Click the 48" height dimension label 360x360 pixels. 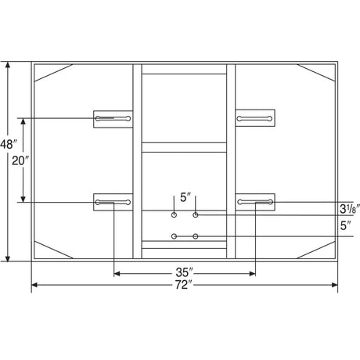tap(9, 144)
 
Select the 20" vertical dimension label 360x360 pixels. tap(20, 160)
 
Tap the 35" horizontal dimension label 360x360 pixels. tap(184, 272)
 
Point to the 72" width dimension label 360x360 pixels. tap(184, 285)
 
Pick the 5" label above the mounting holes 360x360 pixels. tap(185, 197)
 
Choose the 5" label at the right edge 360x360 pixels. tap(345, 225)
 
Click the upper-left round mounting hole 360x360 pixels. tap(174, 215)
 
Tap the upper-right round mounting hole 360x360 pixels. tap(196, 215)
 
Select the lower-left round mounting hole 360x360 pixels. tap(175, 236)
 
